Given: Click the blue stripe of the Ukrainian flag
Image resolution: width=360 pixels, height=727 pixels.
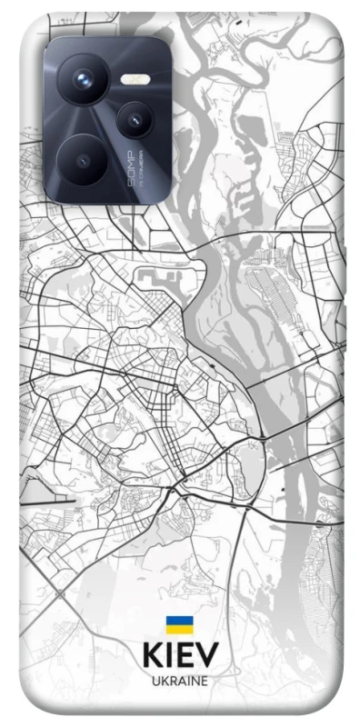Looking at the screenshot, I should coord(179,621).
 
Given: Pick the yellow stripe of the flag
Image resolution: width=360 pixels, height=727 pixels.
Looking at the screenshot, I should coord(179,629).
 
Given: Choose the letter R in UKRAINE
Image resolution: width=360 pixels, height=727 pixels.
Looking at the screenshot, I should coord(172,680).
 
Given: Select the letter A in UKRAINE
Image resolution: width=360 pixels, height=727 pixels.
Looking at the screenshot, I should coord(181,680).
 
